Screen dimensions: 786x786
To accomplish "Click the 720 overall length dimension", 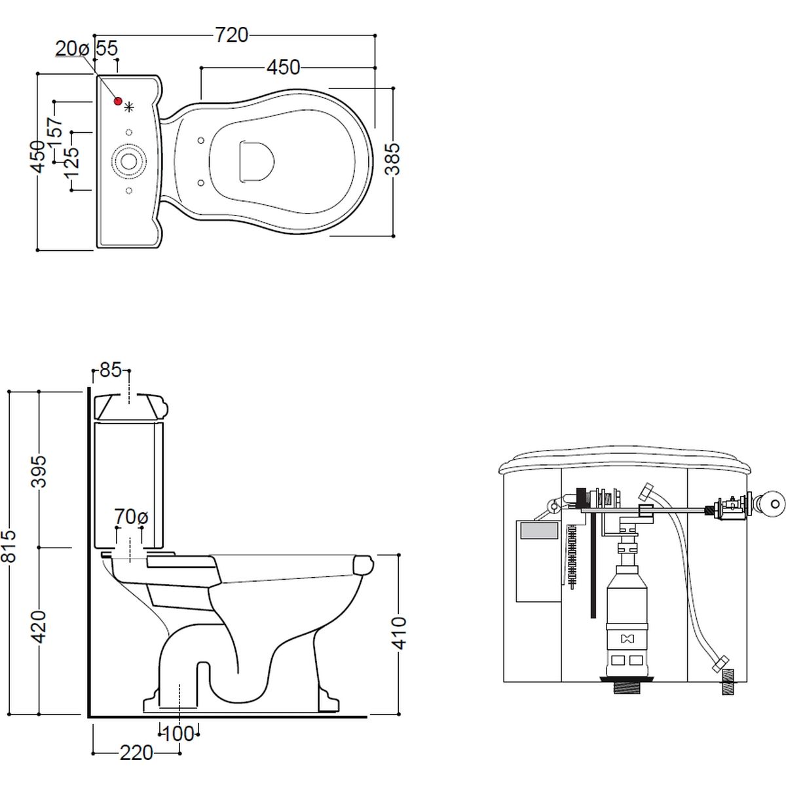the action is [231, 35].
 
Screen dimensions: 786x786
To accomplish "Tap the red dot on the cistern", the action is [118, 101].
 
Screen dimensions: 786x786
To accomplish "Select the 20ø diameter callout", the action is [72, 49].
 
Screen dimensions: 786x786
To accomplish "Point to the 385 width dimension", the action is [393, 159].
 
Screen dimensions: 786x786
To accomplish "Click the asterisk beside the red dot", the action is [129, 107].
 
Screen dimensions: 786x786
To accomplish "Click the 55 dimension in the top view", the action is [107, 48].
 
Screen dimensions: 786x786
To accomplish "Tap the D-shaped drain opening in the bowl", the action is [256, 161].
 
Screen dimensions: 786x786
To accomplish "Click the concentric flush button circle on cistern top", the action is [129, 161].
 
